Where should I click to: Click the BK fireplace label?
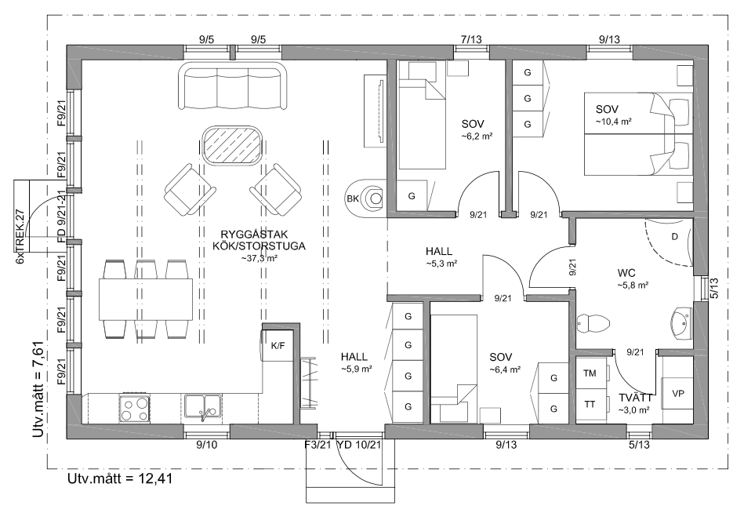point(353,198)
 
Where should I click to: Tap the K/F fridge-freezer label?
point(278,345)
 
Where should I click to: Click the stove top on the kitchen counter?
point(134,409)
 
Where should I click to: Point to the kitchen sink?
point(202,408)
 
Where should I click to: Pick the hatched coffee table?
point(233,146)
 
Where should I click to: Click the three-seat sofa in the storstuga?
point(233,86)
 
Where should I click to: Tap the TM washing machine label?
point(590,373)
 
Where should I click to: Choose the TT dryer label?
point(590,404)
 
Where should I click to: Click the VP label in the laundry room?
point(678,394)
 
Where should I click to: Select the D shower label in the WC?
point(675,237)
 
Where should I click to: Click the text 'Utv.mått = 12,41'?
point(120,478)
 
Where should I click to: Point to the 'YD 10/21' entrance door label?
point(359,445)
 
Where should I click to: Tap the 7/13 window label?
point(471,39)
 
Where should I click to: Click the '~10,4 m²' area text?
point(614,122)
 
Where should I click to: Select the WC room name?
point(626,273)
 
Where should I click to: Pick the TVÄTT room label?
point(635,398)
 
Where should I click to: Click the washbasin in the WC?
point(682,324)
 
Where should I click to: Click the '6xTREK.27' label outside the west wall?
point(20,236)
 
